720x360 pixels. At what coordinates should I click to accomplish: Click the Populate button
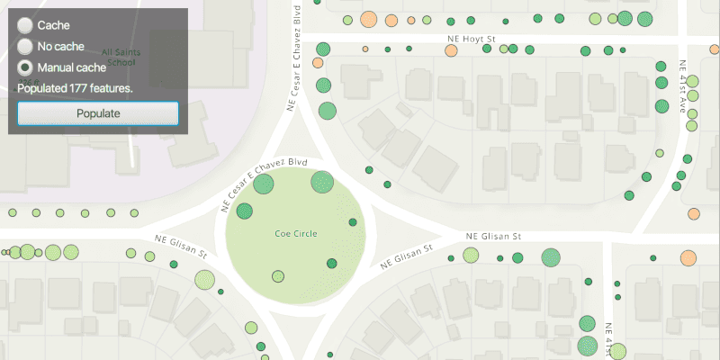(x=98, y=113)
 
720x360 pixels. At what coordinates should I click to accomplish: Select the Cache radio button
(x=26, y=26)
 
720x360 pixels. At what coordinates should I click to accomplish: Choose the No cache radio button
(x=26, y=47)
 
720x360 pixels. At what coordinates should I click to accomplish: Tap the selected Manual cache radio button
(x=26, y=67)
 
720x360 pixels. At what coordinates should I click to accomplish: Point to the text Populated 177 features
(x=76, y=88)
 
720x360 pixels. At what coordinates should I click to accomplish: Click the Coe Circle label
(x=296, y=234)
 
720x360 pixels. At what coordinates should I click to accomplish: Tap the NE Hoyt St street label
(x=472, y=40)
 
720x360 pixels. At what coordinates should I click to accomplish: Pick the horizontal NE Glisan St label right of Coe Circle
(x=493, y=237)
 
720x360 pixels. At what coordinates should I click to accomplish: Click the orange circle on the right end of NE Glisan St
(x=688, y=258)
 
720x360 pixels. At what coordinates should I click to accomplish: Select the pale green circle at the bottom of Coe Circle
(x=278, y=276)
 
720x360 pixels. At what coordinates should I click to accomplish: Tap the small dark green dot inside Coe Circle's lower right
(x=331, y=264)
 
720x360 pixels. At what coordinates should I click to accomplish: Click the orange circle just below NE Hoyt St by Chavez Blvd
(x=318, y=63)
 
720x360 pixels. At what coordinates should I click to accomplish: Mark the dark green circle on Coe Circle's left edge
(x=245, y=211)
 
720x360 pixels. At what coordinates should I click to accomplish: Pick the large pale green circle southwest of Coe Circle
(x=204, y=280)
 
